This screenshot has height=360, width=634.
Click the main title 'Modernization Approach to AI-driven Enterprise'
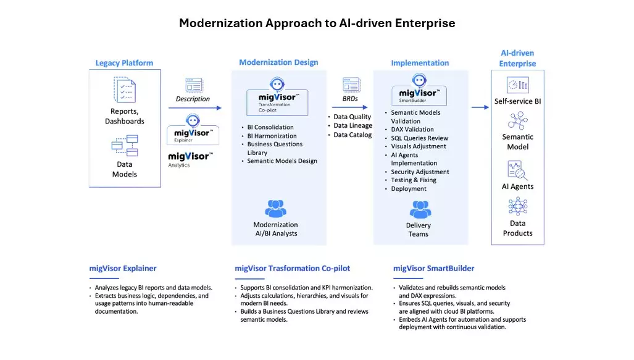(x=317, y=23)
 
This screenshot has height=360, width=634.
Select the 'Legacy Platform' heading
(x=124, y=63)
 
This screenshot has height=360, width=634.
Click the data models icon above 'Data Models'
(x=124, y=146)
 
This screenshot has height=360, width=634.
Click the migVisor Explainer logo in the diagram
(x=193, y=129)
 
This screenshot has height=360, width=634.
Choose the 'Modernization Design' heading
(x=278, y=62)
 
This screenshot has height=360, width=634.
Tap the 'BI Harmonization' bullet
(x=272, y=136)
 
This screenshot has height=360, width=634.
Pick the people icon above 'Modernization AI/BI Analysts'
(x=275, y=208)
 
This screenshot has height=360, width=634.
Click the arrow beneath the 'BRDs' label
(x=350, y=107)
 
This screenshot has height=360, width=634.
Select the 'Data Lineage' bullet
(x=352, y=126)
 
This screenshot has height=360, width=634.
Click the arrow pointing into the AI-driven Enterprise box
(x=480, y=107)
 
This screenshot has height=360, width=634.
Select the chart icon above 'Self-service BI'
(x=517, y=85)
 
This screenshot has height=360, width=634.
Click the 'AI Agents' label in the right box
(x=517, y=186)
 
